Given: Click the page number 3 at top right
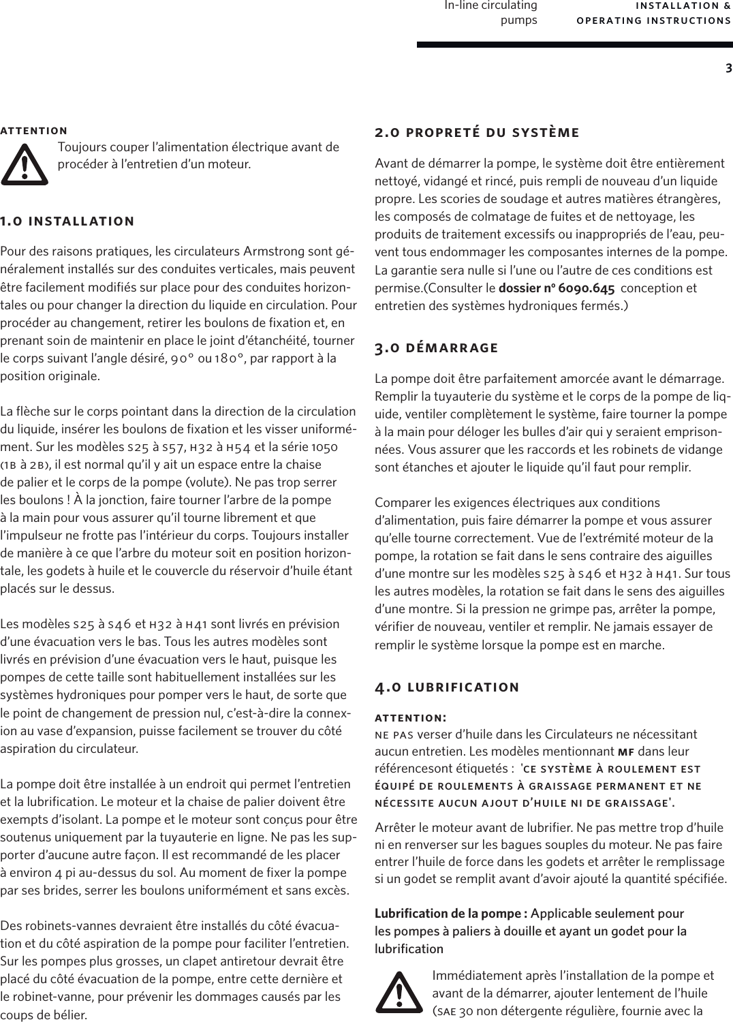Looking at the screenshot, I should click(728, 68).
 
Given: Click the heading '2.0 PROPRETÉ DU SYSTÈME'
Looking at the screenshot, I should click(477, 132).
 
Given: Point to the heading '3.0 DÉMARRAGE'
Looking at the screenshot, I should click(437, 348).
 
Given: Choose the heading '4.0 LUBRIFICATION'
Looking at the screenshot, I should click(447, 687).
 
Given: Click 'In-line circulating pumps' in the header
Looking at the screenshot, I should click(490, 13).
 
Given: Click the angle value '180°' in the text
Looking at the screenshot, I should click(232, 358).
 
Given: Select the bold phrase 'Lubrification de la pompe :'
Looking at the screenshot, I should click(451, 913).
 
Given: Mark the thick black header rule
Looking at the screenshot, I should click(574, 46).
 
